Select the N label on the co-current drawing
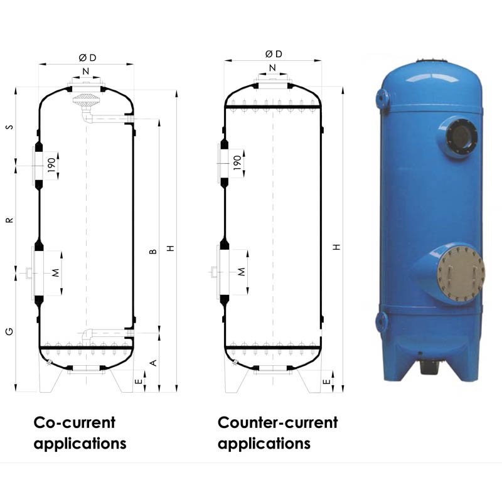click(x=86, y=71)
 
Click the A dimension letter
click(x=152, y=363)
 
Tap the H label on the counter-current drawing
click(x=337, y=247)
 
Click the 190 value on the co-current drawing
click(x=51, y=166)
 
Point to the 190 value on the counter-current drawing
click(x=237, y=163)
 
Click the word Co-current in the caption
click(x=74, y=422)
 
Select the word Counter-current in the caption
click(x=277, y=422)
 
